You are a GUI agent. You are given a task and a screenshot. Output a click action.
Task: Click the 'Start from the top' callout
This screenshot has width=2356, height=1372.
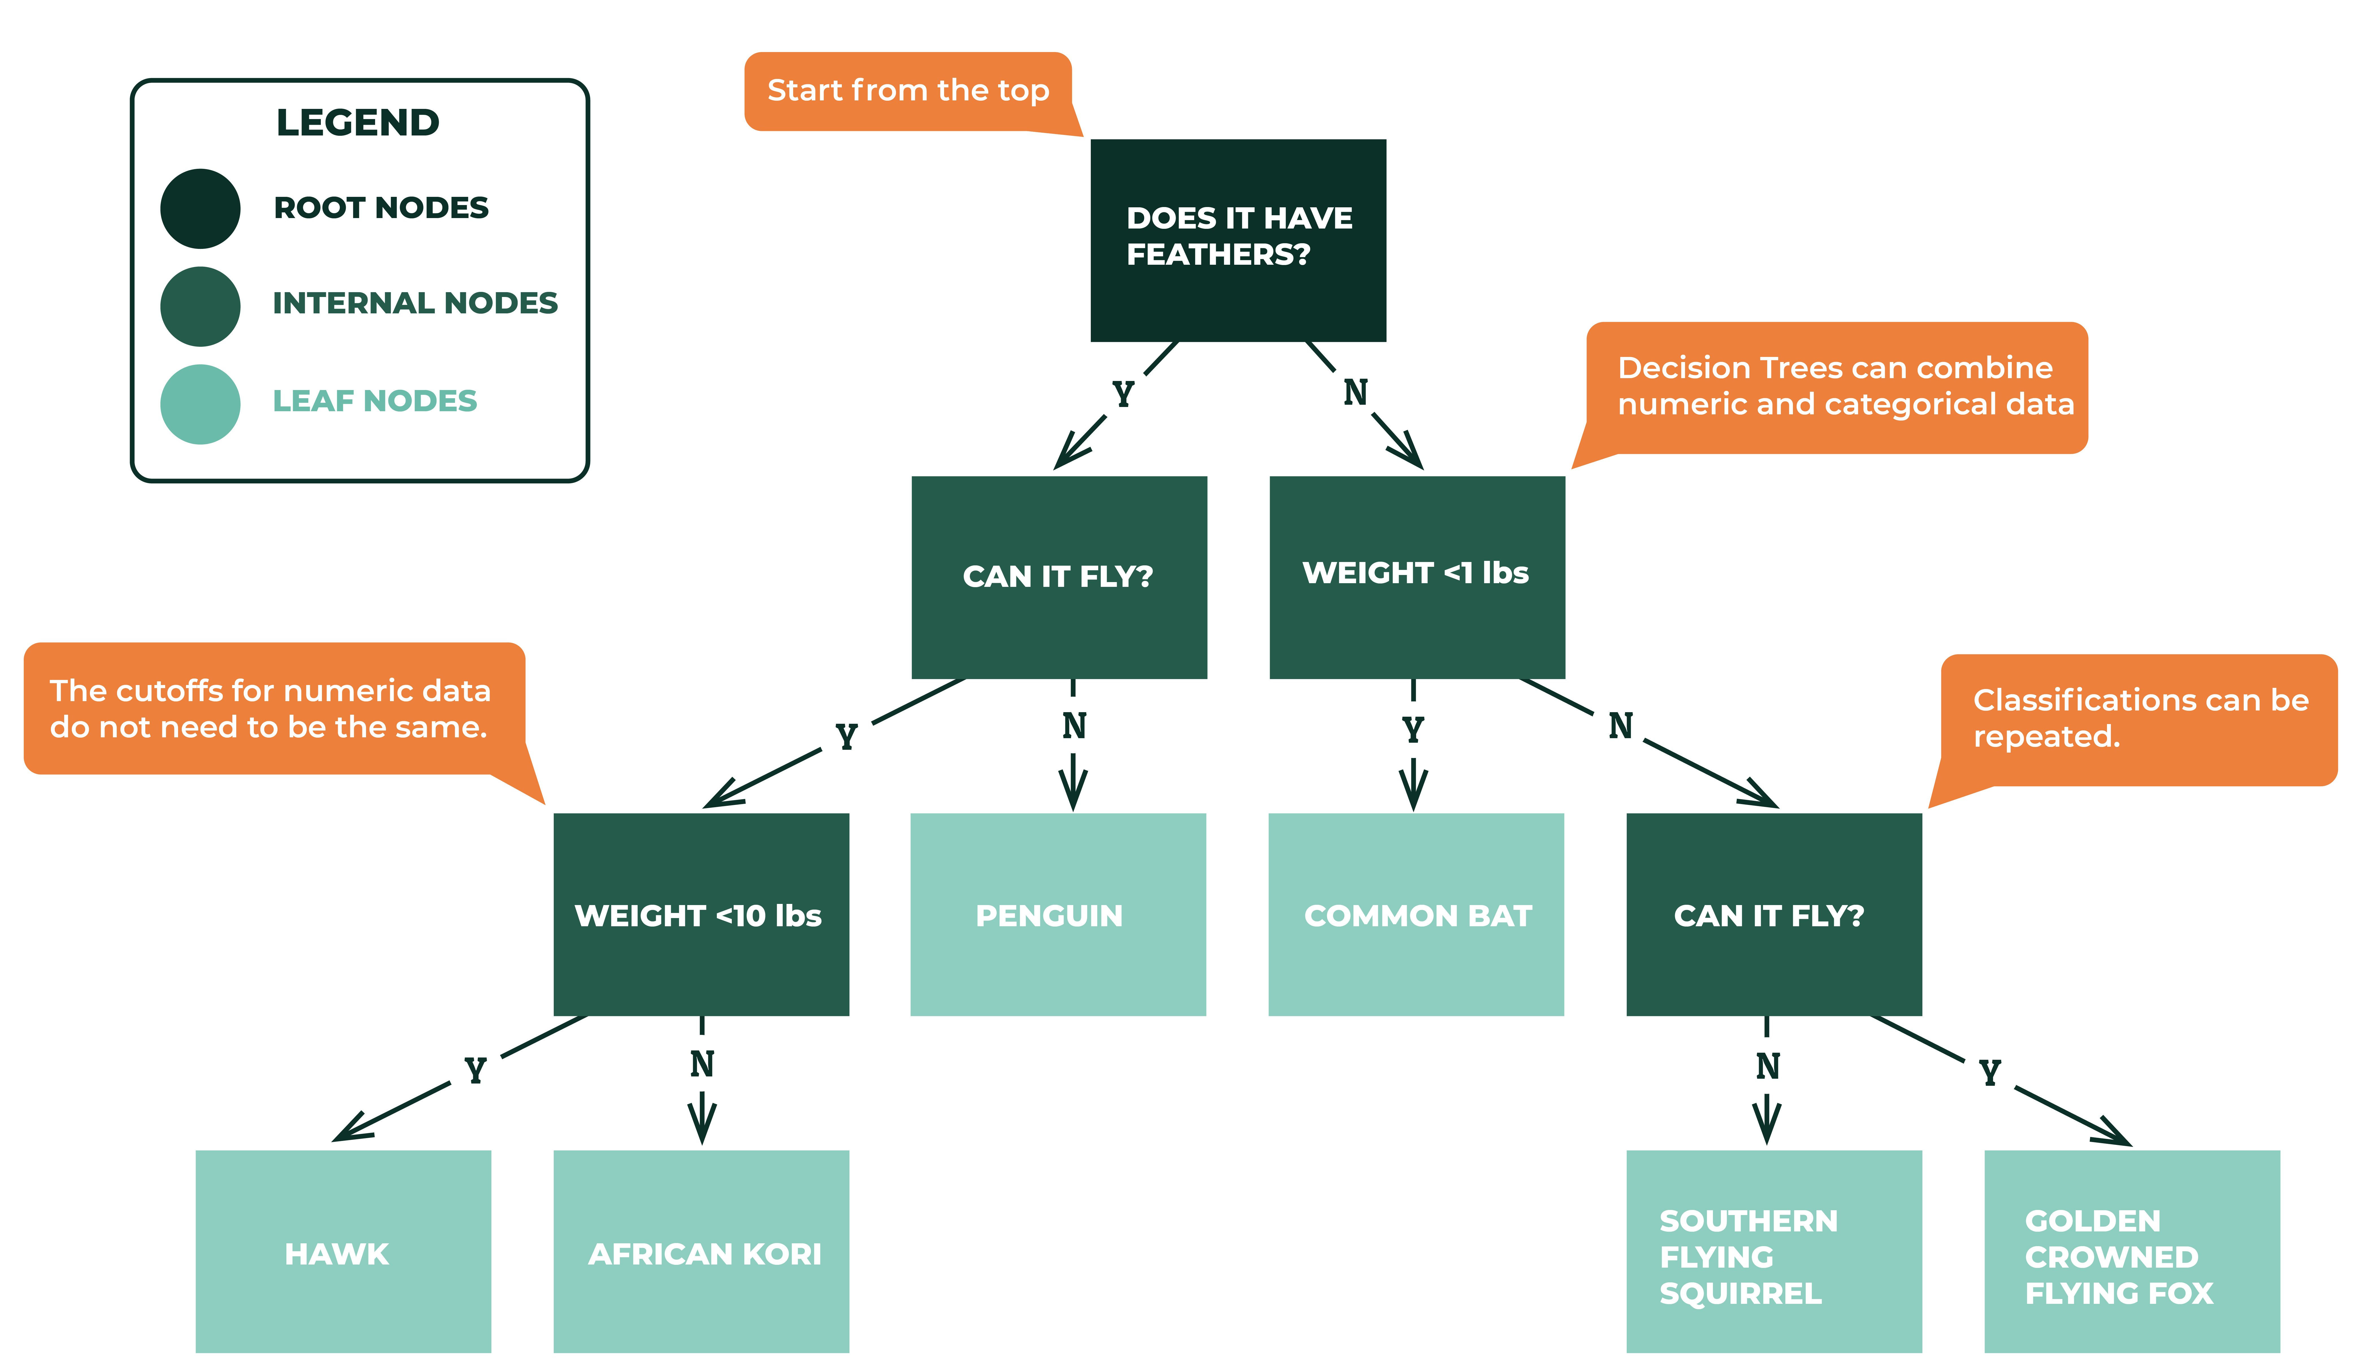pos(907,91)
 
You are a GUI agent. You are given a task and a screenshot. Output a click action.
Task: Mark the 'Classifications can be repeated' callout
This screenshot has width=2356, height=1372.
pos(2139,718)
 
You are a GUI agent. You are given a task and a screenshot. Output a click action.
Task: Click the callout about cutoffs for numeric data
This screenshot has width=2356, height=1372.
pos(271,708)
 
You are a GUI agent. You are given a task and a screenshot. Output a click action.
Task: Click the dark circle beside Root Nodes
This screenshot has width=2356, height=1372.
pos(200,208)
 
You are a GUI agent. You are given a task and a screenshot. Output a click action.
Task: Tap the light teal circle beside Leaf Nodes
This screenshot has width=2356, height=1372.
pos(200,404)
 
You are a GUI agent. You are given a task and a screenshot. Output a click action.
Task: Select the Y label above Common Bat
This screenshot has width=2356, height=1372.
pos(1413,729)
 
